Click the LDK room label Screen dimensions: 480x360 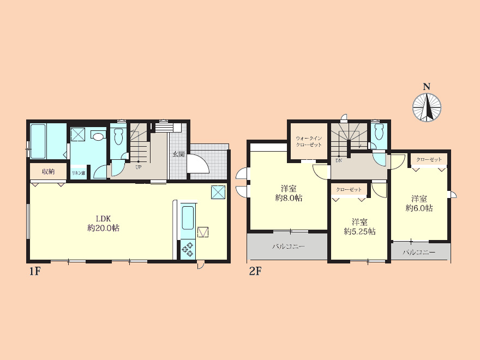pos(103,219)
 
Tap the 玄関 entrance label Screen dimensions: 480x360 pos(179,154)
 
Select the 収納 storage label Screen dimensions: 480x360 pos(48,171)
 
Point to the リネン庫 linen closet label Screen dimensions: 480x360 pos(79,173)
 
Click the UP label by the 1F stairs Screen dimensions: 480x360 pos(139,167)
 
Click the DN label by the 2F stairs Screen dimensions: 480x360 pos(339,160)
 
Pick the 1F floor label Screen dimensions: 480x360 pos(35,271)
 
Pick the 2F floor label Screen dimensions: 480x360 pos(255,271)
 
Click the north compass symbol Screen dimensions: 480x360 pos(427,107)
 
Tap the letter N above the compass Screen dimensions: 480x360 pos(427,87)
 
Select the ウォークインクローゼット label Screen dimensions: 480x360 pos(309,141)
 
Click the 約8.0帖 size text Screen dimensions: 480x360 pos(289,198)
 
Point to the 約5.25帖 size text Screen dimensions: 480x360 pos(359,231)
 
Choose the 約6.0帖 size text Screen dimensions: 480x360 pos(419,208)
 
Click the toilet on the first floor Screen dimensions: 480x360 pos(118,136)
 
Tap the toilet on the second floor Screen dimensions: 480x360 pos(379,131)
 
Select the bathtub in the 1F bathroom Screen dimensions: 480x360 pos(38,141)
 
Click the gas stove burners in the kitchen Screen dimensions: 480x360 pos(187,249)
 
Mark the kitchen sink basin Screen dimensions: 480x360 pos(188,218)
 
